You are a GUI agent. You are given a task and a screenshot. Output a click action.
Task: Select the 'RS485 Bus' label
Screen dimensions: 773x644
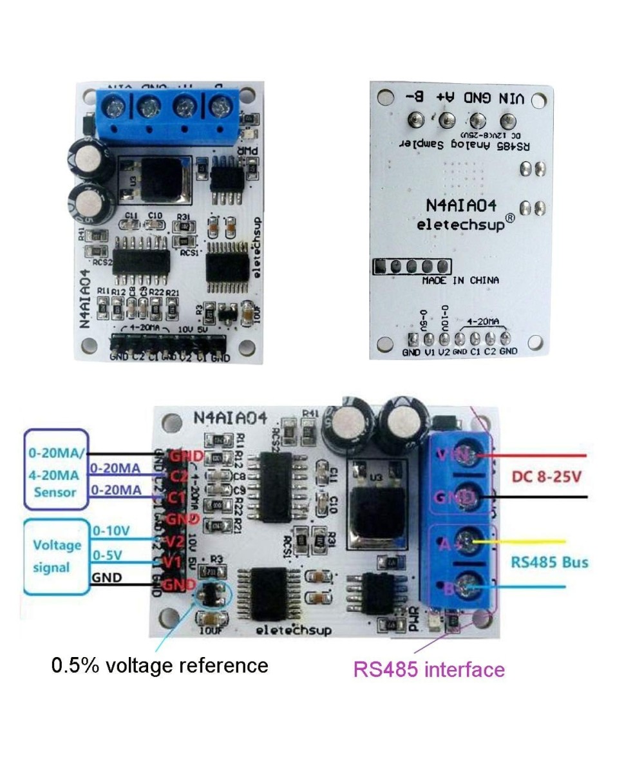tap(549, 562)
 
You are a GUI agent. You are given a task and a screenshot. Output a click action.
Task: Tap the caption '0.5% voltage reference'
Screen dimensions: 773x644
tap(160, 664)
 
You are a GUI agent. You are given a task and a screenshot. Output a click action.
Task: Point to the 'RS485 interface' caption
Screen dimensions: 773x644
tap(429, 669)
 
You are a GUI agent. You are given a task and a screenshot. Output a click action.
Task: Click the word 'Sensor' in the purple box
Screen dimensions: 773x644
tap(54, 492)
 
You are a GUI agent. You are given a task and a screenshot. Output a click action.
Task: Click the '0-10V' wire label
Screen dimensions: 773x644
tap(111, 531)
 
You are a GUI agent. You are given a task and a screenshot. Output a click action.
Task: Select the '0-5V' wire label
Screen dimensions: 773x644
tap(108, 554)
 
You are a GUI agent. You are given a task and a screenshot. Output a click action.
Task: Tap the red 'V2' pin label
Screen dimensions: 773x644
tap(171, 541)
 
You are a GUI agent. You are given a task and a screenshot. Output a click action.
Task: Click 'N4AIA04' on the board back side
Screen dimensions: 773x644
tap(461, 204)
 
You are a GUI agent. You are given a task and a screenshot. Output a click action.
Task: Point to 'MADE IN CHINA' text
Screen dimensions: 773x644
tap(460, 281)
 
